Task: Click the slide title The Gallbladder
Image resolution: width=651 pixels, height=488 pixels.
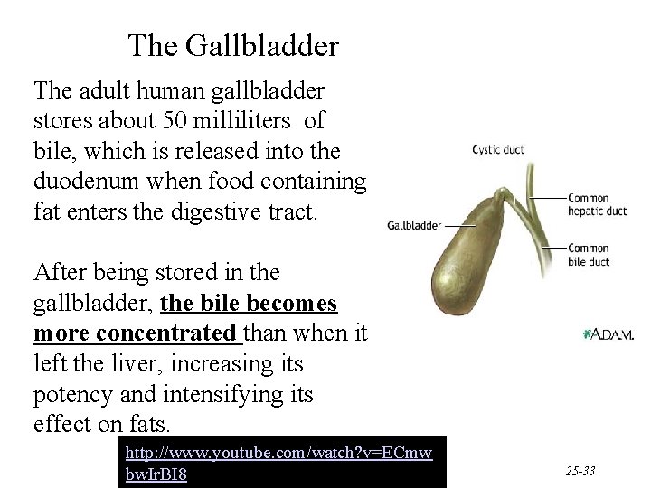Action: click(233, 44)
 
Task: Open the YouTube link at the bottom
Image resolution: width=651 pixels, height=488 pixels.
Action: click(278, 462)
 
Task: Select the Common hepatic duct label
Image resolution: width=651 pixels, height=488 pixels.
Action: click(596, 205)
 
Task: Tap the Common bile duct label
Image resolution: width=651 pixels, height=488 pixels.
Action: click(589, 255)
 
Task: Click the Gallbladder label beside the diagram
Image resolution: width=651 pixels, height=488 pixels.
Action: click(415, 225)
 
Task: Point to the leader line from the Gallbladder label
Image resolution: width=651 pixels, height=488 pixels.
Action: click(461, 225)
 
